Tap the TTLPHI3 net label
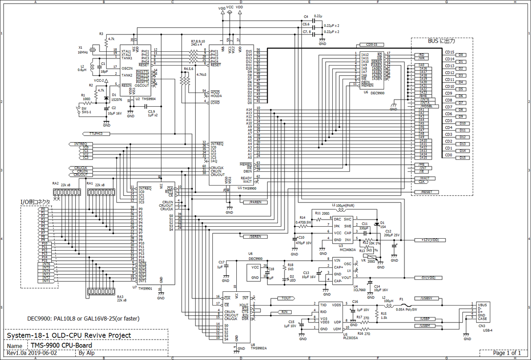click(96, 133)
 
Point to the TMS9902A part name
click(259, 348)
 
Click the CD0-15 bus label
click(372, 45)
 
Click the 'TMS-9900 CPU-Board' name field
click(61, 345)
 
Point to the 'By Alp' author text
click(86, 353)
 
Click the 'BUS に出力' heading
click(441, 41)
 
